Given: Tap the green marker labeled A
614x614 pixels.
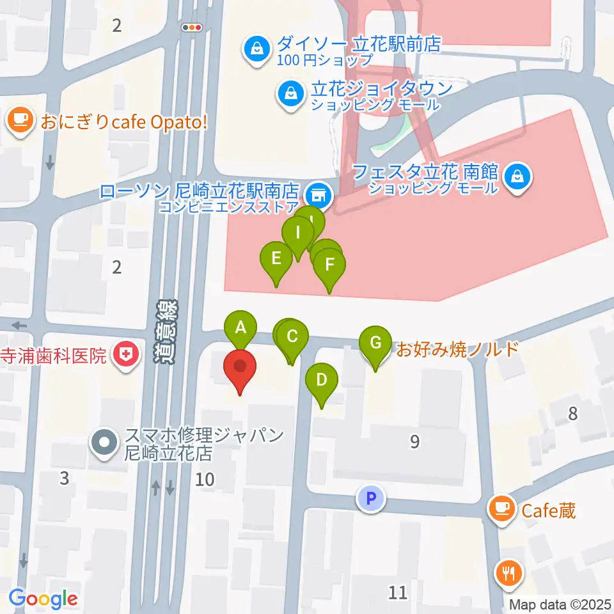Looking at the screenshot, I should tap(240, 329).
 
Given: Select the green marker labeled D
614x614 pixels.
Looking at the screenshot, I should tap(322, 381).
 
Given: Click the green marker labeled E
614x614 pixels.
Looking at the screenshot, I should tap(276, 260).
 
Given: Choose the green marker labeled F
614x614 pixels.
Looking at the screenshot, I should tap(329, 265).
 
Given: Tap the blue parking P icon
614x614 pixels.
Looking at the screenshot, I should tap(372, 497).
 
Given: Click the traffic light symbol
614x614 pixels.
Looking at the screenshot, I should tap(191, 27).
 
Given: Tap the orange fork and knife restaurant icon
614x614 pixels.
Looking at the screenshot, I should tap(510, 573).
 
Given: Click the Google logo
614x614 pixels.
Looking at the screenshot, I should tap(43, 599).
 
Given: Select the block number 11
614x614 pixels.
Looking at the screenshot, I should tap(398, 592).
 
